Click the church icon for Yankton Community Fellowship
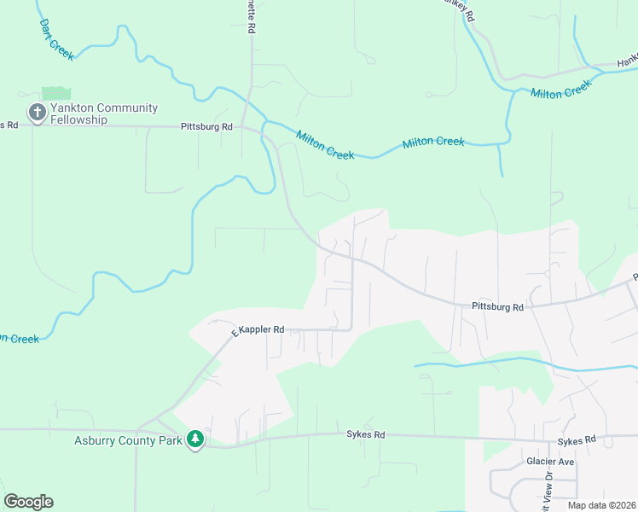tap(37, 113)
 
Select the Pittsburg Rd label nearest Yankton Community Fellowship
tap(206, 126)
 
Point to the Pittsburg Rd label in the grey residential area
tap(497, 305)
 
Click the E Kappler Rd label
tap(258, 329)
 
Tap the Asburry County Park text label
tap(128, 440)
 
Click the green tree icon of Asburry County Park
tap(196, 439)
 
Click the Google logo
tap(28, 502)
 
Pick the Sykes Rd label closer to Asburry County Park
tap(365, 434)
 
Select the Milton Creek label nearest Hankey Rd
tap(560, 89)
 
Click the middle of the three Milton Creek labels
tap(433, 142)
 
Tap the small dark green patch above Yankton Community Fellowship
tap(56, 93)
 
